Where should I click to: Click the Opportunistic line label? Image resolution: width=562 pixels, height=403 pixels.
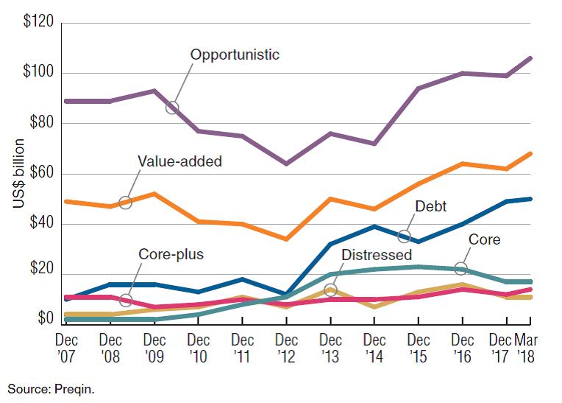pos(235,55)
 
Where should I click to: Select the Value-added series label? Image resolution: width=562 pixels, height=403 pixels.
pos(179,161)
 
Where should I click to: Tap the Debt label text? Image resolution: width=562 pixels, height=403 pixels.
pos(431,207)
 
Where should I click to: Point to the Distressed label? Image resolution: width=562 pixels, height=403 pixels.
pos(377,255)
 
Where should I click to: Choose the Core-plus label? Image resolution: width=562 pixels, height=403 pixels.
pos(171,255)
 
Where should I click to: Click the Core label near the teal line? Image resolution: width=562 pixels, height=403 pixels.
pos(484,239)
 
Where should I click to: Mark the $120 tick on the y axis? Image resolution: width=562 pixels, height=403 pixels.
pos(38,21)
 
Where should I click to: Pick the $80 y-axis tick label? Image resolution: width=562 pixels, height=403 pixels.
pos(40,123)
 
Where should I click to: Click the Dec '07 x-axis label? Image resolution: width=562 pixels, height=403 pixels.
pos(67,348)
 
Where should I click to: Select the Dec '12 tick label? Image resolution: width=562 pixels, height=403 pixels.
pos(286,348)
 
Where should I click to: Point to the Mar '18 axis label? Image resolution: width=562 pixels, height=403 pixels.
pos(524,348)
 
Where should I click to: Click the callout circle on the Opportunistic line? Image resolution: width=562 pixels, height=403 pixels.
pos(172,108)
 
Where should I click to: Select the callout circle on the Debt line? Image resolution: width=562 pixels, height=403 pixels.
pos(403,236)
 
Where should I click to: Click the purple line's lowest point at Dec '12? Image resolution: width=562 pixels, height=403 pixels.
pos(286,164)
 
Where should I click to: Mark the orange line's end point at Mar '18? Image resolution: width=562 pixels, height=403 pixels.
pos(530,154)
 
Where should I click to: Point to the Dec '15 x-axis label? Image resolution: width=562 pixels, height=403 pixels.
pos(419,348)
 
